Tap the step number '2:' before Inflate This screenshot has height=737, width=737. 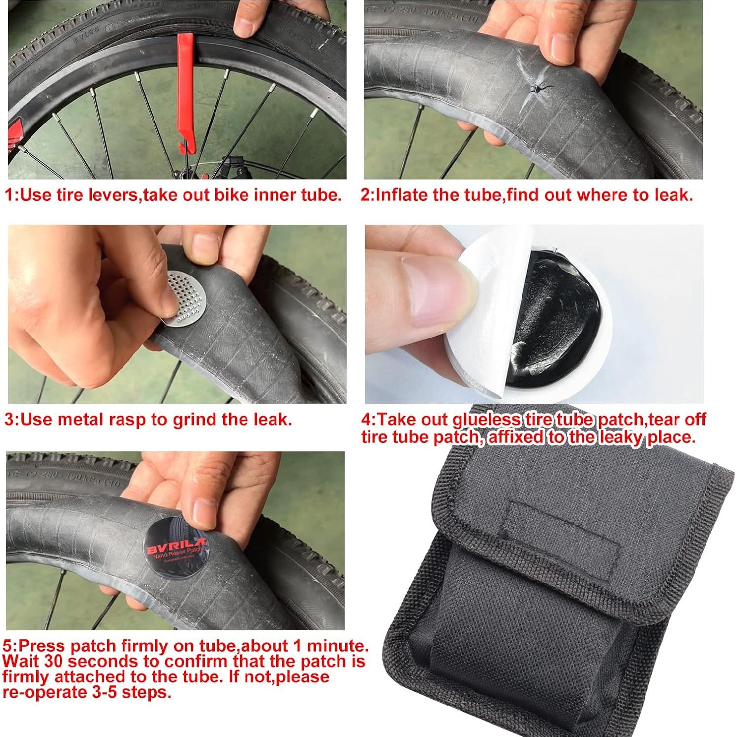pos(368,195)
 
